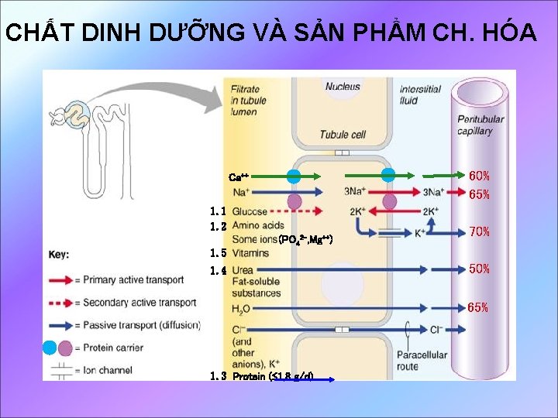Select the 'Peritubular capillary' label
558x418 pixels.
480,125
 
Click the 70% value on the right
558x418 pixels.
479,231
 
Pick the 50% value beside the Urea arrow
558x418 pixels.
479,269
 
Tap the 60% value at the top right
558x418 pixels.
479,176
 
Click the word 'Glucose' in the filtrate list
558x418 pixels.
249,211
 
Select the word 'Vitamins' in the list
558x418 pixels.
250,253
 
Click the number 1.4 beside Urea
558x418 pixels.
218,270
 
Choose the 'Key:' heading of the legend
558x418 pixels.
59,254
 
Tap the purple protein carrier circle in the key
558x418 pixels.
65,348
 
